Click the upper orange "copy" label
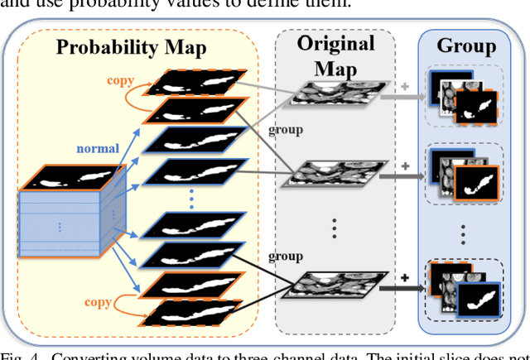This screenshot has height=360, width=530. click(122, 81)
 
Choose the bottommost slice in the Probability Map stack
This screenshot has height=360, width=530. click(200, 314)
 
